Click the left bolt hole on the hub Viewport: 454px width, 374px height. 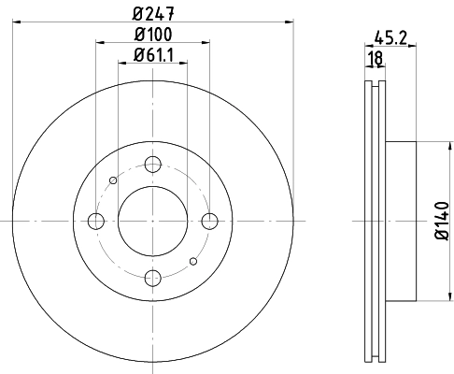coord(95,221)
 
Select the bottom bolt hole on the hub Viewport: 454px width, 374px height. coord(152,278)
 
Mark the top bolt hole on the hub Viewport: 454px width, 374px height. coord(152,164)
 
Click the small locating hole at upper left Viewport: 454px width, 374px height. coord(112,180)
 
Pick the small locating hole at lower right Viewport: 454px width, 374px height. coord(192,261)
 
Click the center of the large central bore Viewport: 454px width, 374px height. coord(152,221)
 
